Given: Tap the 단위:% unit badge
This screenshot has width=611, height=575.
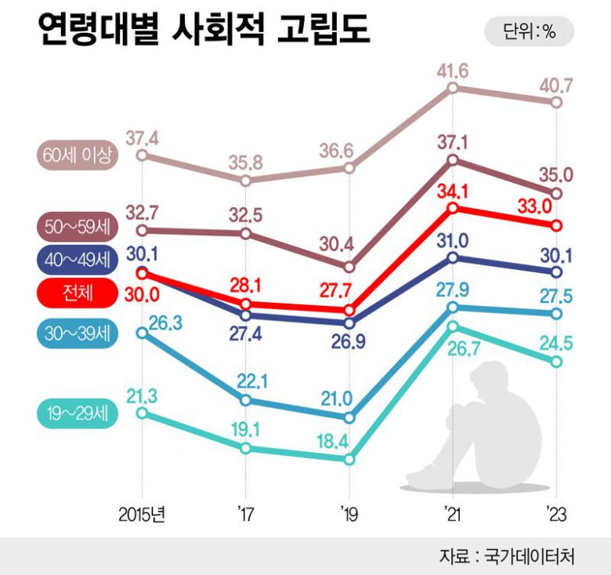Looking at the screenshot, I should point(529,32).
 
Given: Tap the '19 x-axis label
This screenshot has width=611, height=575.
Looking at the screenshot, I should point(349,515).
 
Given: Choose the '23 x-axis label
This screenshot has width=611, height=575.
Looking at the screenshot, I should point(555,515).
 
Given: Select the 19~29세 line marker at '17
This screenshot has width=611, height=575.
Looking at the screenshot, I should point(246,448).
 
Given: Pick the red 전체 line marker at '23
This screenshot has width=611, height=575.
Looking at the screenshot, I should point(557,225).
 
